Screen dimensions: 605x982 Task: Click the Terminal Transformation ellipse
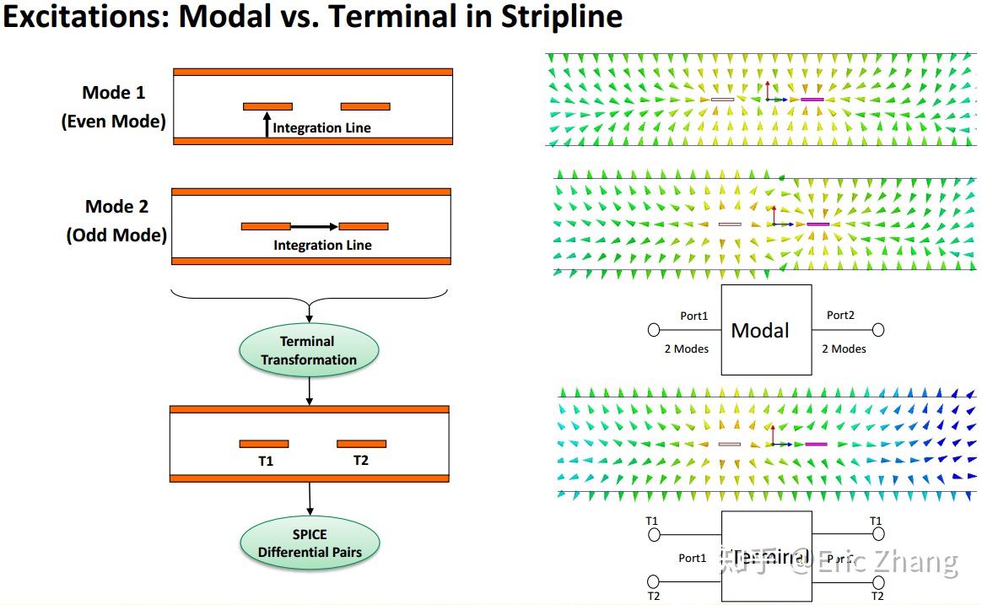tap(309, 350)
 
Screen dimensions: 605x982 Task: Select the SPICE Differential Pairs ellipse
tap(309, 543)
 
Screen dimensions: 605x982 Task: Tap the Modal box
tap(766, 330)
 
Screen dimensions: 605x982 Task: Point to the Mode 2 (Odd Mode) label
tap(116, 220)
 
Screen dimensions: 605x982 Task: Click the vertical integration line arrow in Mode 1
tap(267, 124)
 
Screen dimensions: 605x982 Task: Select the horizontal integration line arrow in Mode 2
tap(314, 226)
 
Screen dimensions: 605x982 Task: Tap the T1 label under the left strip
tap(265, 461)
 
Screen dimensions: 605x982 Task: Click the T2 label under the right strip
tap(361, 461)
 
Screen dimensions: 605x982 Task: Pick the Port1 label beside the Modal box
tap(694, 316)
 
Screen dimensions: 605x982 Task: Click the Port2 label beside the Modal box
tap(840, 315)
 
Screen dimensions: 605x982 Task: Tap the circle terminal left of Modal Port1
tap(654, 330)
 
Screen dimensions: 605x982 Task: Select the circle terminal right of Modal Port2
tap(878, 330)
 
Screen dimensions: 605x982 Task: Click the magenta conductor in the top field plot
tap(812, 100)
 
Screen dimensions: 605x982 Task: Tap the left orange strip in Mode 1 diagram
tap(267, 106)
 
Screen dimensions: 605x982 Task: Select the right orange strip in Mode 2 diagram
tap(364, 226)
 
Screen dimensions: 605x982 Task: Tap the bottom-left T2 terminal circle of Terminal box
tap(653, 581)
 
